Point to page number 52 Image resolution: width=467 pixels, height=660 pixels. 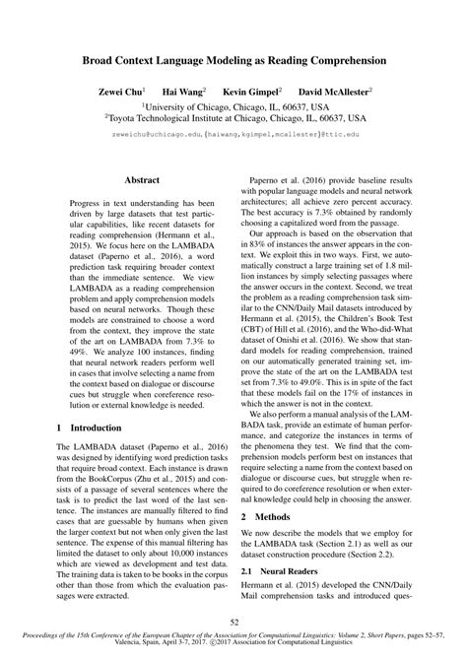tap(233, 621)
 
